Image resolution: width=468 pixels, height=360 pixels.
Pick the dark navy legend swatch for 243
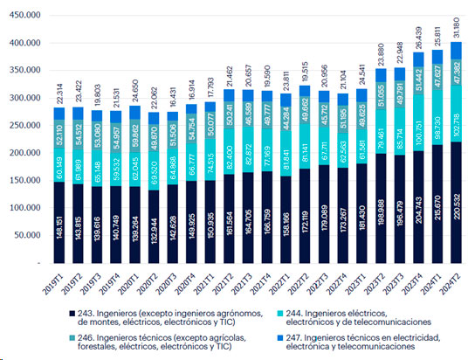coord(70,313)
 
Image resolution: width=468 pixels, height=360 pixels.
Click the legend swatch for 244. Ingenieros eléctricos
coord(267,313)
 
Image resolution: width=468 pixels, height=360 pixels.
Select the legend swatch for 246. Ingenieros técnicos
coord(70,336)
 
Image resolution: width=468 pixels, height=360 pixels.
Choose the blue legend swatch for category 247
coord(267,336)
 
